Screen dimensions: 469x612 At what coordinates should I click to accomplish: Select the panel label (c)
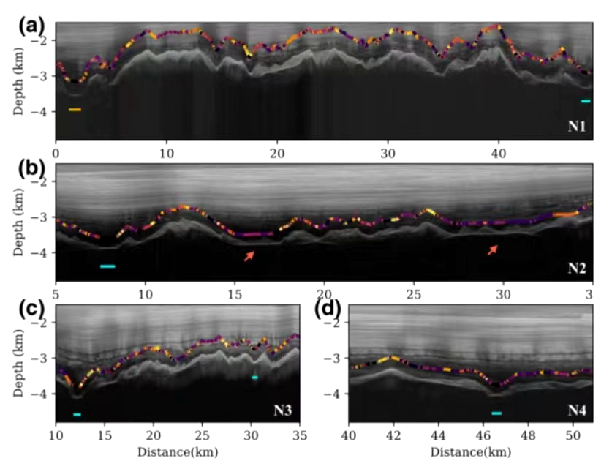(31, 309)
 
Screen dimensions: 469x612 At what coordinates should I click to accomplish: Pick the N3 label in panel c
(283, 410)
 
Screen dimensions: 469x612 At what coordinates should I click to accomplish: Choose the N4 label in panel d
(577, 410)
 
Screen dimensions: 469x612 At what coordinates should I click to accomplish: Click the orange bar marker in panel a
(75, 110)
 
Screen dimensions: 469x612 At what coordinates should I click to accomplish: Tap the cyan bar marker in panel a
(585, 101)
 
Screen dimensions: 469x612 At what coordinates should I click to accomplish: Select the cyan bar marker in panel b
(108, 266)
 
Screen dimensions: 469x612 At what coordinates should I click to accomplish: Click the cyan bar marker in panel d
(496, 413)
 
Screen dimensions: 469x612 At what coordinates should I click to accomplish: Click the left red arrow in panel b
(250, 255)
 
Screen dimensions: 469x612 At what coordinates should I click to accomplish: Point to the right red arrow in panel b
(493, 250)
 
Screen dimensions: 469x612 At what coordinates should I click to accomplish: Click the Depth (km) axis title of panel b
(17, 224)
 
